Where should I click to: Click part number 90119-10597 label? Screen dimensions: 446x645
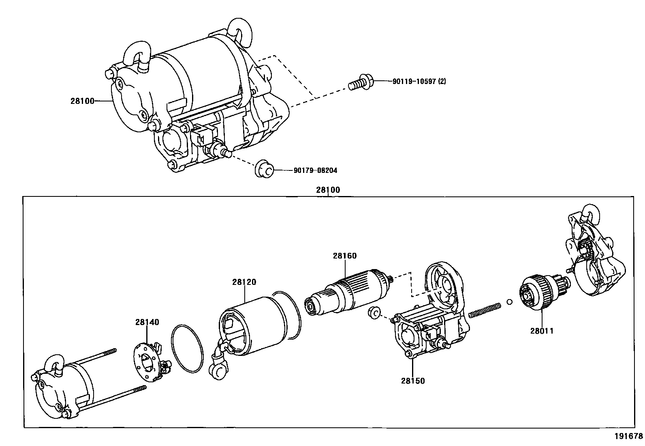(x=419, y=81)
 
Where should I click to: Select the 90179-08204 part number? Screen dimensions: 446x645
(x=315, y=170)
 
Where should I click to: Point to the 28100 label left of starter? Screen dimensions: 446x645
(x=82, y=101)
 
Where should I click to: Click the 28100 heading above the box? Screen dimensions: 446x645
(x=328, y=190)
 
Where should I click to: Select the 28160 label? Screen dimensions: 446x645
(x=345, y=256)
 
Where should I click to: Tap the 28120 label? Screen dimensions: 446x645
(x=244, y=282)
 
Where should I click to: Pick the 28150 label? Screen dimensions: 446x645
(x=413, y=381)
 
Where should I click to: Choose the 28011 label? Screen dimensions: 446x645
(x=542, y=330)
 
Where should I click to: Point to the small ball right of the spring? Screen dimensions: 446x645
(x=510, y=302)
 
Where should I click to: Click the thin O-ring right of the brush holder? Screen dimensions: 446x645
(x=187, y=348)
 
